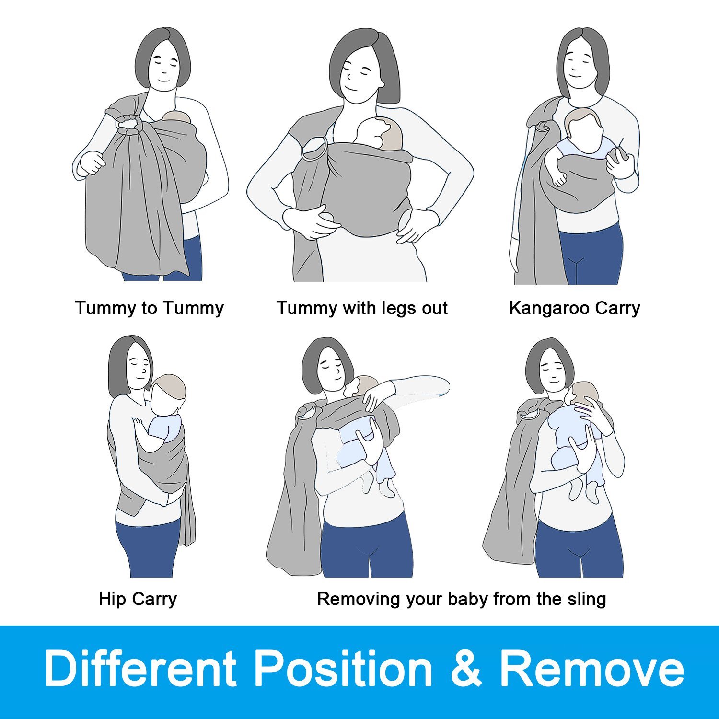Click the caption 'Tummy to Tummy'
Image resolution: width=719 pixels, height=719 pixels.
(150, 308)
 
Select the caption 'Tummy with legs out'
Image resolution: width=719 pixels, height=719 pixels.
(362, 308)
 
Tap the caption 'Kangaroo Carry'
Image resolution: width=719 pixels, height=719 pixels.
(575, 308)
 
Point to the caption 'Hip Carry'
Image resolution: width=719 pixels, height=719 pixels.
(138, 599)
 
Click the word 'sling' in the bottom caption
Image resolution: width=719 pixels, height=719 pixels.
(587, 599)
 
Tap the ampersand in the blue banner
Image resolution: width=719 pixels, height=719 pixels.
(466, 668)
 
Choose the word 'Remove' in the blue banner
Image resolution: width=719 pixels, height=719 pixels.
(592, 668)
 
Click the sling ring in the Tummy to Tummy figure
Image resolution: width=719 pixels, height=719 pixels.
(128, 124)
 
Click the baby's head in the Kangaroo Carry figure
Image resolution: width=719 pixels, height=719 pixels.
(582, 126)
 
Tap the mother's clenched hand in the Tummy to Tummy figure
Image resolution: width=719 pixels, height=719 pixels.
(93, 163)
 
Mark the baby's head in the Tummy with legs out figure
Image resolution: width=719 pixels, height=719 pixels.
(379, 133)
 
